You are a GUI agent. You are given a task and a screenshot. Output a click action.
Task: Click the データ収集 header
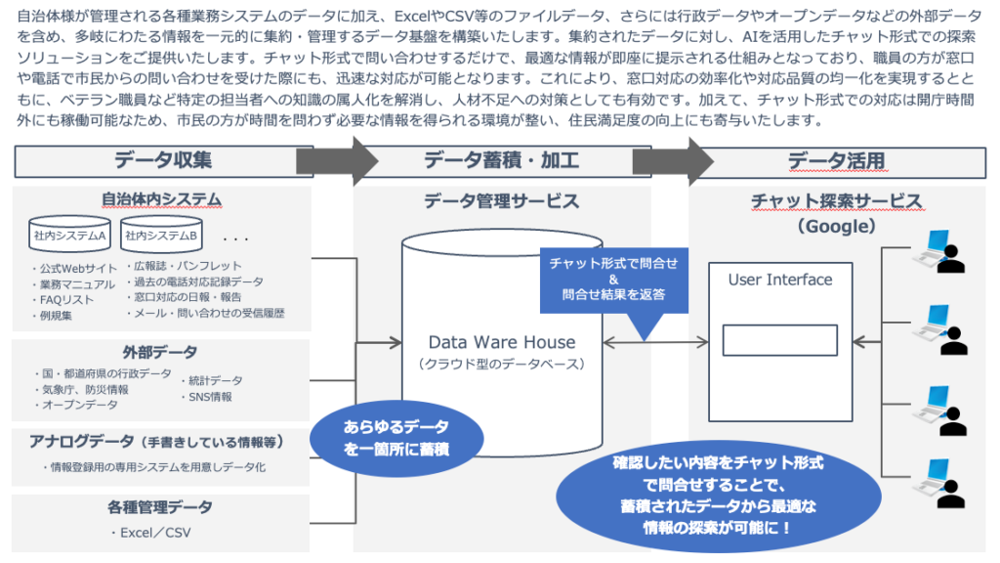162,160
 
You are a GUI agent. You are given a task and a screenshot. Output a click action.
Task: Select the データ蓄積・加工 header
501,160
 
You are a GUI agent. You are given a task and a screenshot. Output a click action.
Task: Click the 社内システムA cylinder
69,236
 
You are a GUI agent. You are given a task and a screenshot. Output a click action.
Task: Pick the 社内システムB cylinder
160,236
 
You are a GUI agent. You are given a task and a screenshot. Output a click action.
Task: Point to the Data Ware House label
501,342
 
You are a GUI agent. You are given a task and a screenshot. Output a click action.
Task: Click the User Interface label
780,280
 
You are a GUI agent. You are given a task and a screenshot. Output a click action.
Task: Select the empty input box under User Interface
780,339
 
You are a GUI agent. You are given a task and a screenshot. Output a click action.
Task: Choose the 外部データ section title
160,352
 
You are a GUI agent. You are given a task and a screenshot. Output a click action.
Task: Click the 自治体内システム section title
162,199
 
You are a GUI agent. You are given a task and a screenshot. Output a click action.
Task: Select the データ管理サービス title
501,201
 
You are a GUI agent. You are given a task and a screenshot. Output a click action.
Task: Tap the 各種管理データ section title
160,507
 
